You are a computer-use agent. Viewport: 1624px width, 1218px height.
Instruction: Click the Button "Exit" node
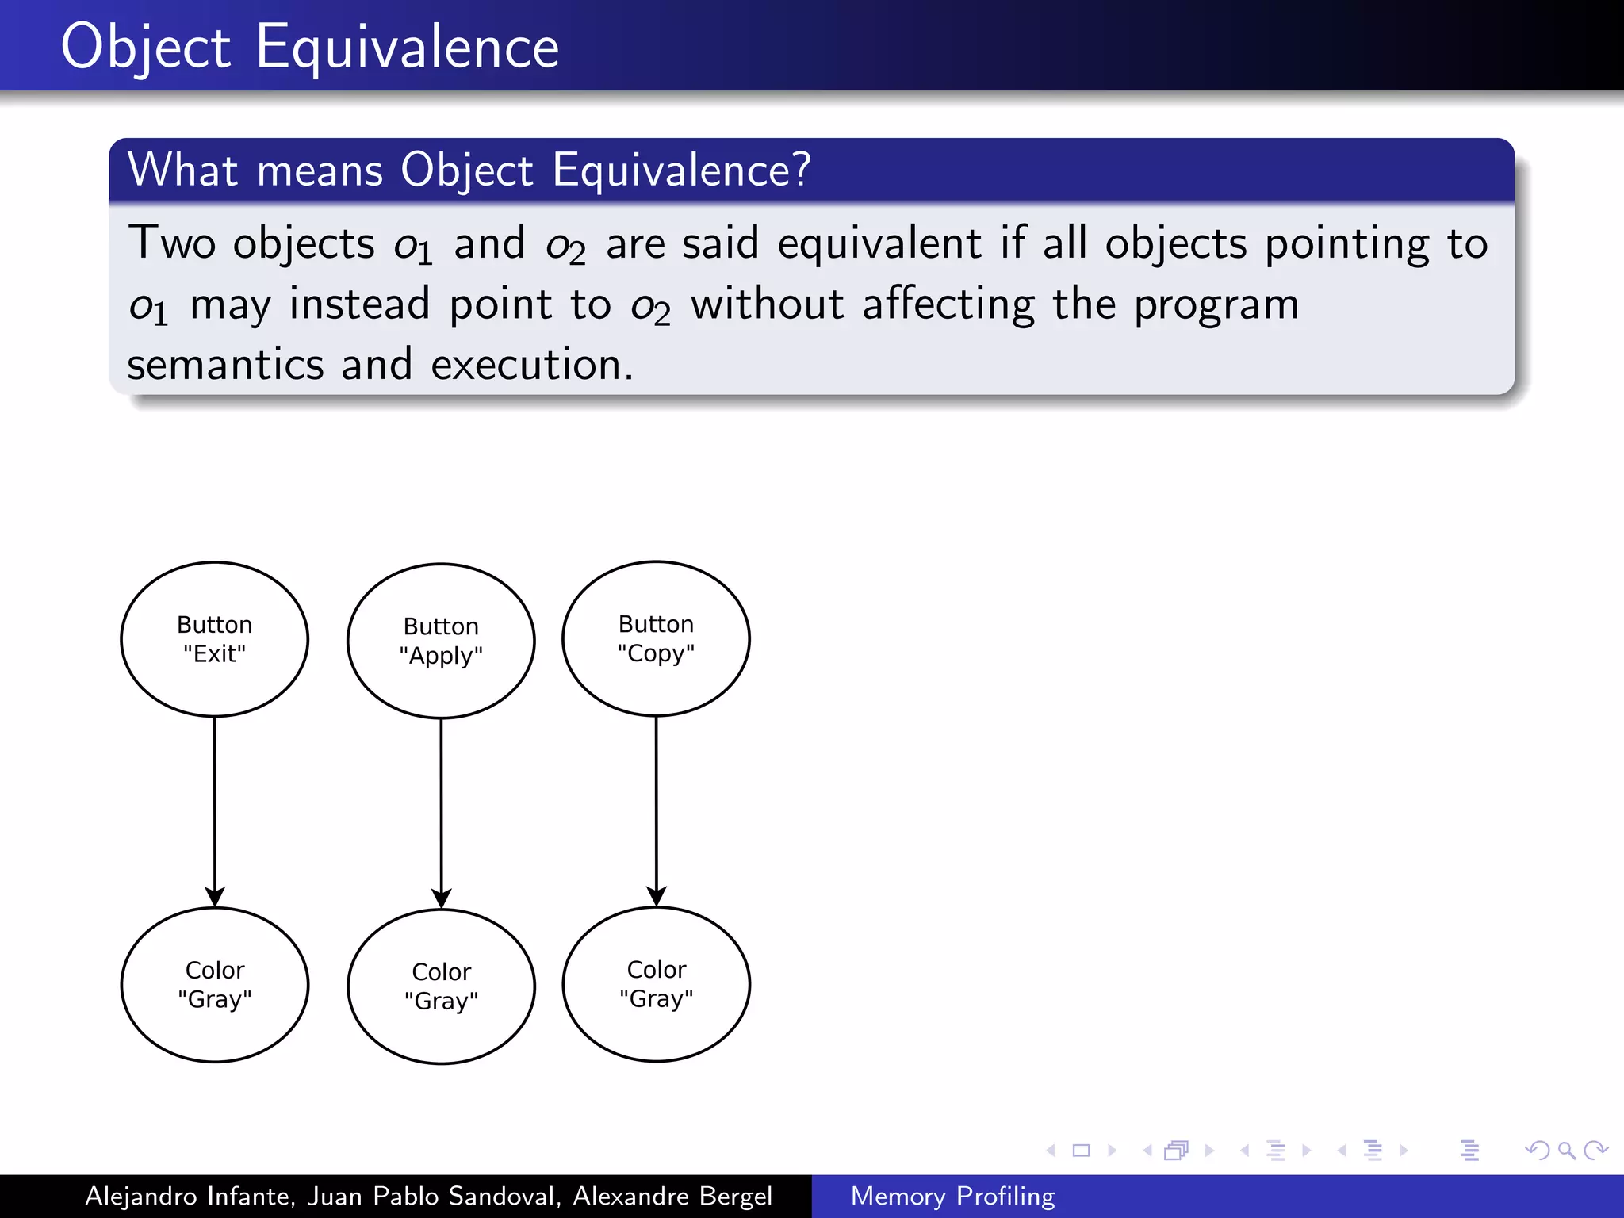[x=214, y=639]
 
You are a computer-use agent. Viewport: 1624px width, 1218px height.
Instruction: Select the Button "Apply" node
[x=441, y=641]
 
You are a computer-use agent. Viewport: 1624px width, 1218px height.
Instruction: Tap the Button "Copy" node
[x=656, y=638]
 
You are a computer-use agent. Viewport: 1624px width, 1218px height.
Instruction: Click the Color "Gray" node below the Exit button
[x=214, y=984]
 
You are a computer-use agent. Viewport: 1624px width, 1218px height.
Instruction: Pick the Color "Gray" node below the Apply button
[x=441, y=986]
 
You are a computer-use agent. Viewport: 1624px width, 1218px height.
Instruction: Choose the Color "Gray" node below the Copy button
[x=656, y=983]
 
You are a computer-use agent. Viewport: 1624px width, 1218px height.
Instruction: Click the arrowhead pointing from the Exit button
[x=214, y=897]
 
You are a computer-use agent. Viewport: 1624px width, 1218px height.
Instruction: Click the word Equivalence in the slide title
[x=407, y=48]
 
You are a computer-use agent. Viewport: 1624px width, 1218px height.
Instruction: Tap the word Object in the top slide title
[x=146, y=48]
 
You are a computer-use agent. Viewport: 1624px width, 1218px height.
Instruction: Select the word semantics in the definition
[x=225, y=365]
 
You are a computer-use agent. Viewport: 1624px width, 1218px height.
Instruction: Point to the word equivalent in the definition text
[x=879, y=243]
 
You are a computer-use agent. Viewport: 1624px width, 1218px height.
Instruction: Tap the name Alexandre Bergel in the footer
[x=672, y=1196]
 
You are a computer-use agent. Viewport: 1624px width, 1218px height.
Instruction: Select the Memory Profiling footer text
[x=952, y=1196]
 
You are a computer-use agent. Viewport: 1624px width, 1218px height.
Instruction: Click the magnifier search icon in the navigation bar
[x=1565, y=1150]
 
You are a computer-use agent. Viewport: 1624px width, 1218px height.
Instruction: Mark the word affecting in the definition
[x=948, y=304]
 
